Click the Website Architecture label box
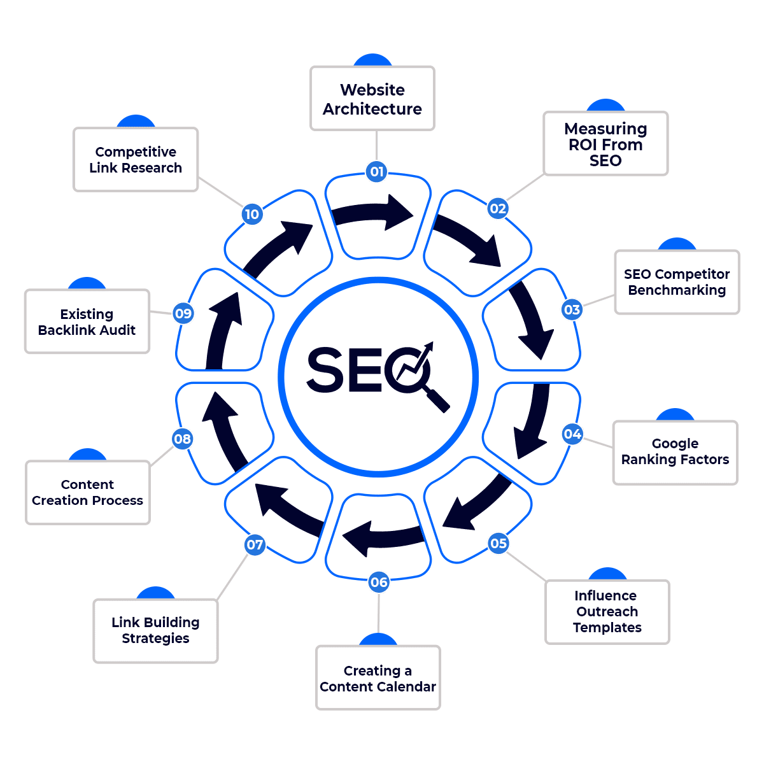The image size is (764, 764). coord(372,99)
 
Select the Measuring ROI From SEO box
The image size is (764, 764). coord(605,144)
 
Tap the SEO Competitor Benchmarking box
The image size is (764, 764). coord(677,282)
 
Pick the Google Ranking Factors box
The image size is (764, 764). coord(675,452)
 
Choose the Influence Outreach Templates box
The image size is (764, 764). coord(607,611)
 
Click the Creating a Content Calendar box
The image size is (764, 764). coord(378,678)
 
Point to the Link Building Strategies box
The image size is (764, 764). coord(155,630)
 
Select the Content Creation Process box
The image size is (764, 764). coord(88,492)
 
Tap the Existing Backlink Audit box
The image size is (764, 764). coord(87,322)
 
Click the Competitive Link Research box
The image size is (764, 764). coord(136,160)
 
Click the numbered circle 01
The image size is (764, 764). coord(377,171)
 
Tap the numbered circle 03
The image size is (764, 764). coord(572,309)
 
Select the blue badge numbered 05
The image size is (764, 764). coord(499,543)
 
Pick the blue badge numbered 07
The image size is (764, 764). coord(255,544)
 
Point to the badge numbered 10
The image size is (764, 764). coord(252,214)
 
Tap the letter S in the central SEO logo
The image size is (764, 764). coord(325,369)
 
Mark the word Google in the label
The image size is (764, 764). coord(675,443)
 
